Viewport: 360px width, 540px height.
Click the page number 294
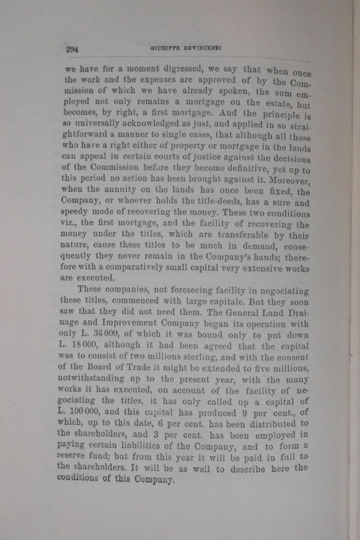71,49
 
